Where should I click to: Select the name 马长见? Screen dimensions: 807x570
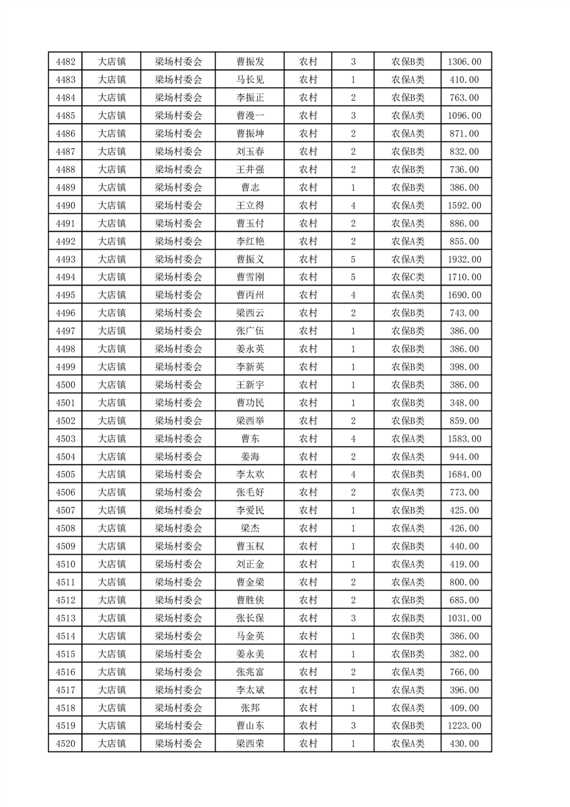250,80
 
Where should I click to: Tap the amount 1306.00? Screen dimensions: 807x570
464,62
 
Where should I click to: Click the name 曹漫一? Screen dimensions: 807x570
250,116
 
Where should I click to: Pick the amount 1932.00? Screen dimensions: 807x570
464,259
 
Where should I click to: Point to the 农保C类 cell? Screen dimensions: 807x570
408,277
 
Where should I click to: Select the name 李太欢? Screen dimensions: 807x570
250,475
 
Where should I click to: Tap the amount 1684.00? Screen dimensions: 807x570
464,475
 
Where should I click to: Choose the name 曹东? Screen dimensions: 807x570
250,439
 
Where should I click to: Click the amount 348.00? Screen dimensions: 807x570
464,403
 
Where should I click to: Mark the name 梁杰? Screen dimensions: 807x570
250,529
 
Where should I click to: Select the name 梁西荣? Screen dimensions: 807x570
250,744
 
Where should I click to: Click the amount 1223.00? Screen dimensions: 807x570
464,726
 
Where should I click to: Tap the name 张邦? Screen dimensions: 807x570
250,708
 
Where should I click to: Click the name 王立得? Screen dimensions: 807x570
250,206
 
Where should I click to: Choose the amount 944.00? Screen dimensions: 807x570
464,457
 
